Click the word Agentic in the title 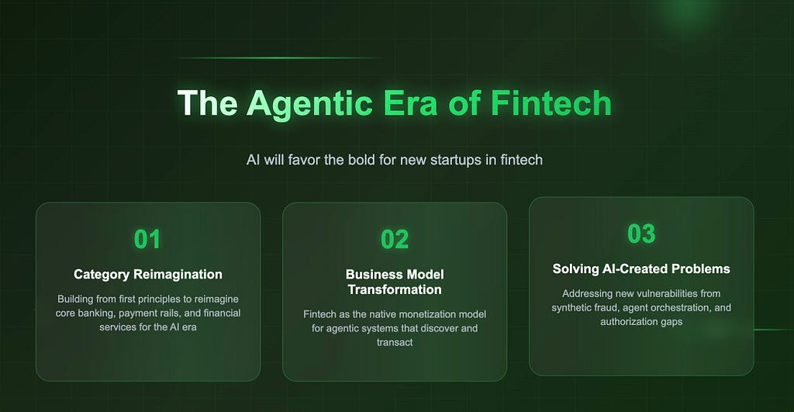tap(310, 105)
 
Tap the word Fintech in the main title tap(551, 103)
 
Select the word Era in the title tap(411, 103)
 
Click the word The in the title tap(208, 103)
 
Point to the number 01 tap(147, 239)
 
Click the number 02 tap(395, 239)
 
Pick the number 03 tap(641, 234)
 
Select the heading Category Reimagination tap(148, 274)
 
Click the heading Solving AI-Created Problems tap(641, 268)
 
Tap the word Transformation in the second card tap(395, 289)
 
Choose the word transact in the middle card tap(395, 343)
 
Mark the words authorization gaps tap(641, 322)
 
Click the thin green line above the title tap(278, 57)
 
